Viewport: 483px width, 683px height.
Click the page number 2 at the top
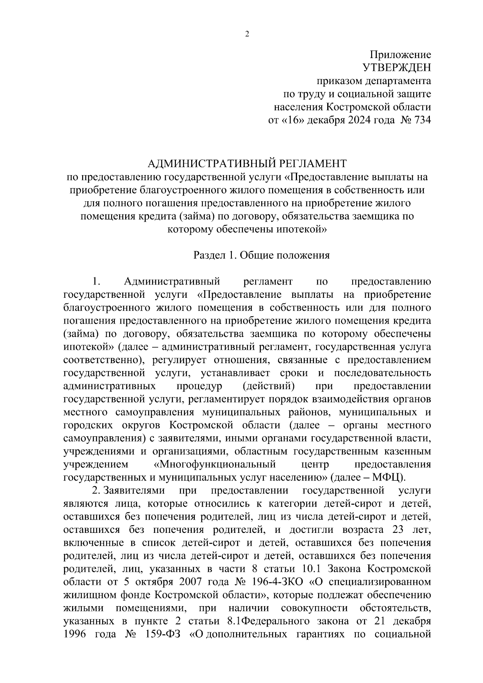pyautogui.click(x=247, y=35)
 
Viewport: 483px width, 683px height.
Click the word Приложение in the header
pyautogui.click(x=400, y=55)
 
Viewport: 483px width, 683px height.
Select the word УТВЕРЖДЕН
pyautogui.click(x=396, y=68)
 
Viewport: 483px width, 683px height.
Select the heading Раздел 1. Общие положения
pyautogui.click(x=262, y=256)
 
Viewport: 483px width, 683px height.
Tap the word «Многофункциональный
pyautogui.click(x=215, y=464)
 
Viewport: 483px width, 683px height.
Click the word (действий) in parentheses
pyautogui.click(x=269, y=386)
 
